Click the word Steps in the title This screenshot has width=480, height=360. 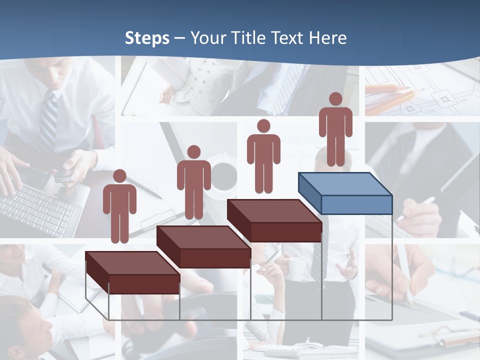point(147,38)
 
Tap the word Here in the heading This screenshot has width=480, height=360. point(327,38)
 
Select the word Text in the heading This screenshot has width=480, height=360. point(288,38)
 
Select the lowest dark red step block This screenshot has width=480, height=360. point(132,273)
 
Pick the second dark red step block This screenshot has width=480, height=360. point(203,247)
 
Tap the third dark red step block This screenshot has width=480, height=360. point(274,220)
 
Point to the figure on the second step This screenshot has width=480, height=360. point(193,182)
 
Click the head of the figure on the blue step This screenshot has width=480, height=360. point(335,99)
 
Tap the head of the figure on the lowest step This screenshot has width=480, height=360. point(119,176)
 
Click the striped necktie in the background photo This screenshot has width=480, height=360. point(49,120)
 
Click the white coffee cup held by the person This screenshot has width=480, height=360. point(296,268)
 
